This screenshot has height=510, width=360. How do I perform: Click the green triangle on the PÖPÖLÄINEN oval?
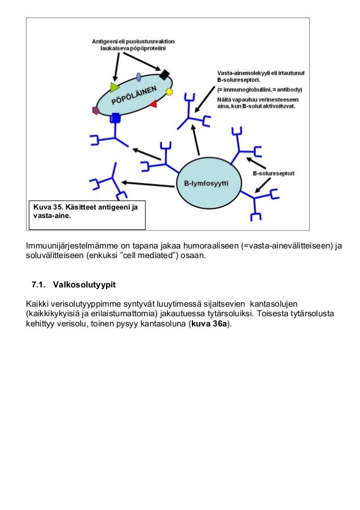115,87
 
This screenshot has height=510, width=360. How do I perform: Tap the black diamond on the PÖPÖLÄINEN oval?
165,75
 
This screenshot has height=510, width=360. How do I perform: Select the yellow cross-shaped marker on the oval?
169,91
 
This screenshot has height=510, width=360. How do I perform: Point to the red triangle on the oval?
153,104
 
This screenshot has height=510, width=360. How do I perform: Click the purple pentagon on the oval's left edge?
96,111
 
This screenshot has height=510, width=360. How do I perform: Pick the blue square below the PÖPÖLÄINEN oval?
116,117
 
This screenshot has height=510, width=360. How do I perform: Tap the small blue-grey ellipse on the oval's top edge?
139,77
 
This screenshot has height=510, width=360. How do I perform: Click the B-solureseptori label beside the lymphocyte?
273,173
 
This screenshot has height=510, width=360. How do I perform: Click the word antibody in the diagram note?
288,90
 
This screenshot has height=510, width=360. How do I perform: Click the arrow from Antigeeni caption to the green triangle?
115,67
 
